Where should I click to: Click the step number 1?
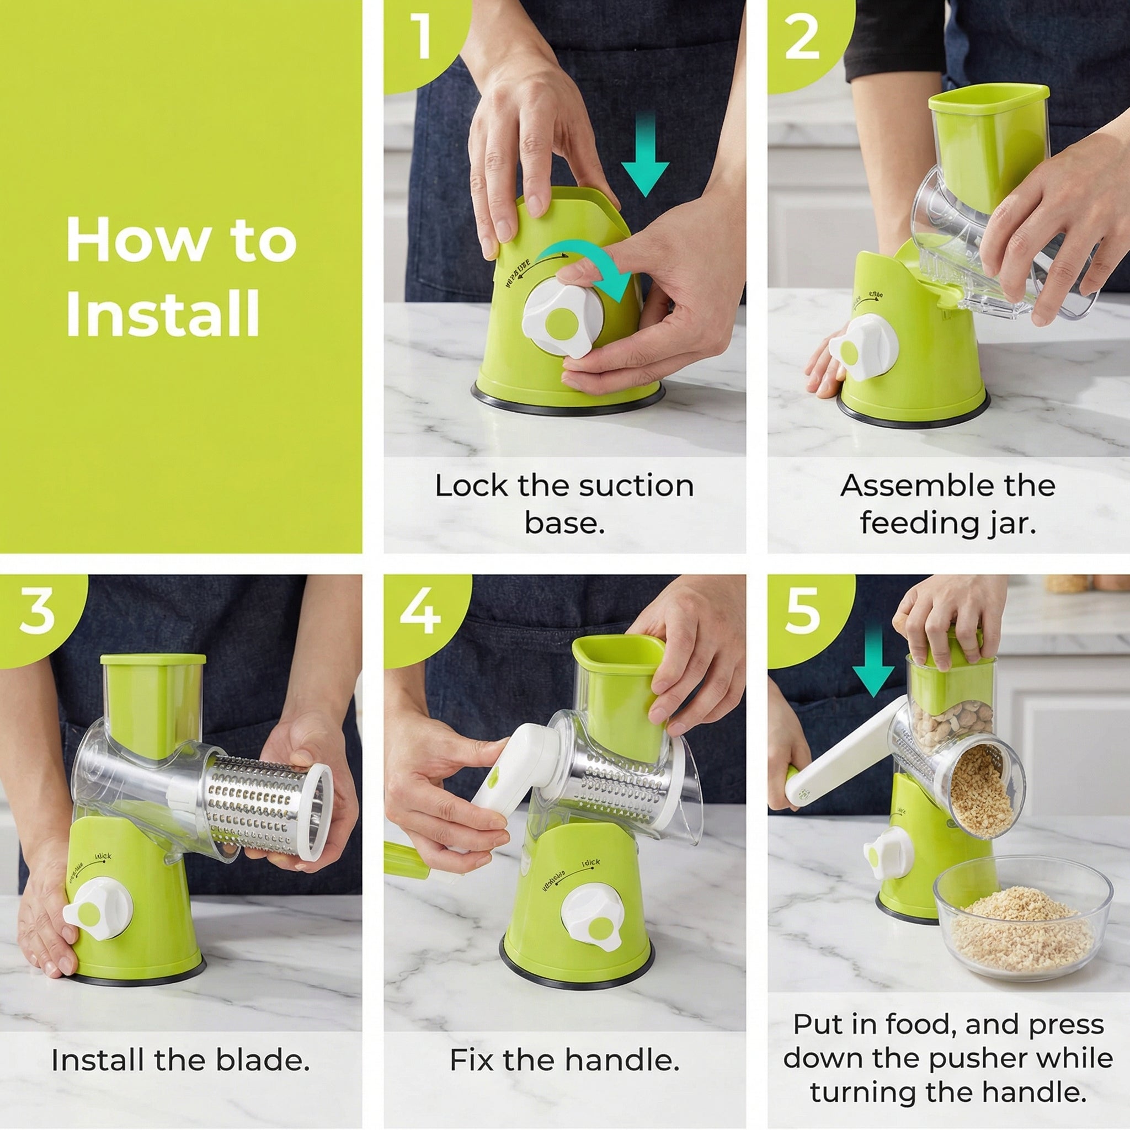click(x=420, y=38)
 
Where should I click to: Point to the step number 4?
click(x=420, y=612)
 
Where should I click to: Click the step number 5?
click(x=802, y=612)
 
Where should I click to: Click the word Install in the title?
click(x=163, y=313)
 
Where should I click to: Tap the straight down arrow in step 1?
click(x=644, y=156)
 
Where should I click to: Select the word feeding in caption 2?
click(x=913, y=523)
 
